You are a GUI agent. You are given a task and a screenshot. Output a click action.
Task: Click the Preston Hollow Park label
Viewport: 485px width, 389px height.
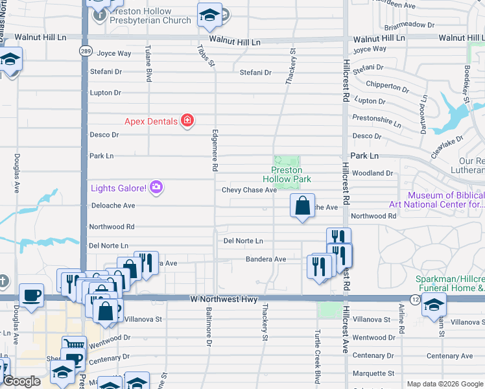tap(287, 174)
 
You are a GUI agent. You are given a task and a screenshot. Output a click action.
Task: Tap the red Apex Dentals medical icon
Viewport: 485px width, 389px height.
tap(187, 121)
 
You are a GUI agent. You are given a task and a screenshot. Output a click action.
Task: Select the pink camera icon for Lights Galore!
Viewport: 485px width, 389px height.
tap(156, 188)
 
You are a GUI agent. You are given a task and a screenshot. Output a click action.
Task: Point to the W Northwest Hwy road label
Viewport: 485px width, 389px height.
tap(224, 300)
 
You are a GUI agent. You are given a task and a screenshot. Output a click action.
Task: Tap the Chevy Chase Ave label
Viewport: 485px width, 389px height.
tap(249, 190)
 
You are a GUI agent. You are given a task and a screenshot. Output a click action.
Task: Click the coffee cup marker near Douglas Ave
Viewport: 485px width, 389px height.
tap(32, 296)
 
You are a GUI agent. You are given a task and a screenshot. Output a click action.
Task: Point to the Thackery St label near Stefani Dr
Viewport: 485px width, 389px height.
tap(291, 66)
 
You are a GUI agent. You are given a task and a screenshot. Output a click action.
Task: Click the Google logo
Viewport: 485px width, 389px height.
tap(21, 381)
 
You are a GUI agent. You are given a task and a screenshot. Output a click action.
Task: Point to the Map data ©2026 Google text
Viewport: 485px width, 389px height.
tap(444, 384)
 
